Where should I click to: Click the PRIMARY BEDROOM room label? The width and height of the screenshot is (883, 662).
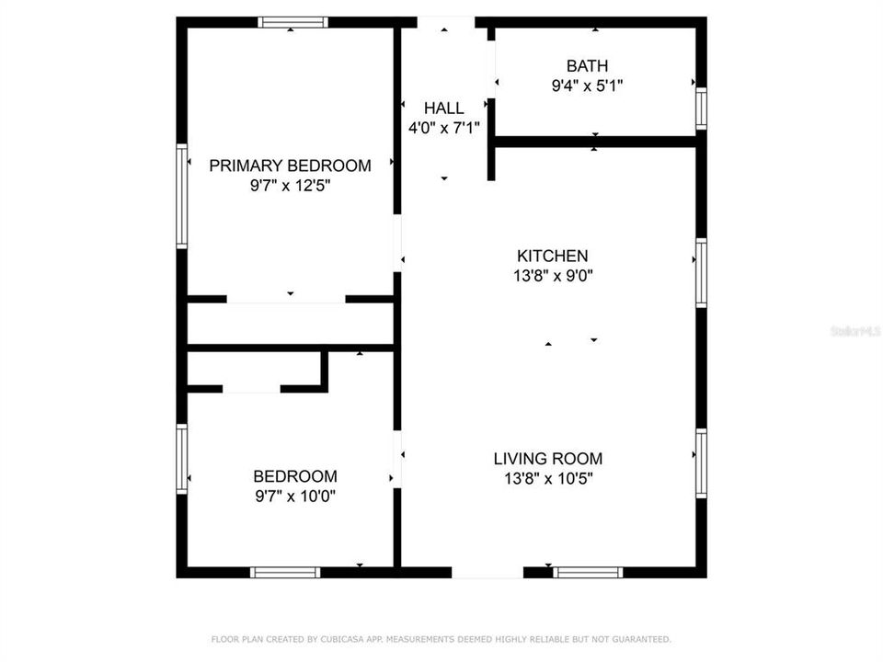290,165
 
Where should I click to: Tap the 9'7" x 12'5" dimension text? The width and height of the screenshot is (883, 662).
290,186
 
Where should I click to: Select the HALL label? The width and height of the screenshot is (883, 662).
443,108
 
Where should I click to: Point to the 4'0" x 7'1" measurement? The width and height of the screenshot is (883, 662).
443,129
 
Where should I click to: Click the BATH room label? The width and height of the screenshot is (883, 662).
587,66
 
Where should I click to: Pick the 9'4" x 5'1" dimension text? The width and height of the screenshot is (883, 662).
587,86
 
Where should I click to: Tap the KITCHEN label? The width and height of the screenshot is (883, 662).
552,256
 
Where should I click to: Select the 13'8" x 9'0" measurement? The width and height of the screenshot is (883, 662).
552,276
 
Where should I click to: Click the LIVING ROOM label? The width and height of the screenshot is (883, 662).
548,458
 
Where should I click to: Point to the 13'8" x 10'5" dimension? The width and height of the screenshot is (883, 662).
548,478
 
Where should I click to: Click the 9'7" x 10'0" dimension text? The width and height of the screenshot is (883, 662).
295,496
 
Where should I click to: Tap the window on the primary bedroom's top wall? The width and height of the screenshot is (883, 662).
292,22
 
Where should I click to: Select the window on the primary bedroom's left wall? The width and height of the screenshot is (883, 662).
182,196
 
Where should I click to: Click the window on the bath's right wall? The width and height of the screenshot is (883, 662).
701,108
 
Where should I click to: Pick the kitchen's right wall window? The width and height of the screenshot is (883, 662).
701,273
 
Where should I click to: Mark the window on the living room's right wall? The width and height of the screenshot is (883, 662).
701,463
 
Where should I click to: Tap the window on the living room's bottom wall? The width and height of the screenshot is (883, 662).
588,572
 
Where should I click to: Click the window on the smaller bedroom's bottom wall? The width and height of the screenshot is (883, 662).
285,572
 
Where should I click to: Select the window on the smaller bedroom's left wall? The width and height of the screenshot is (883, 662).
182,459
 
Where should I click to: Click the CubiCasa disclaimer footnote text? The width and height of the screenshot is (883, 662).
441,639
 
